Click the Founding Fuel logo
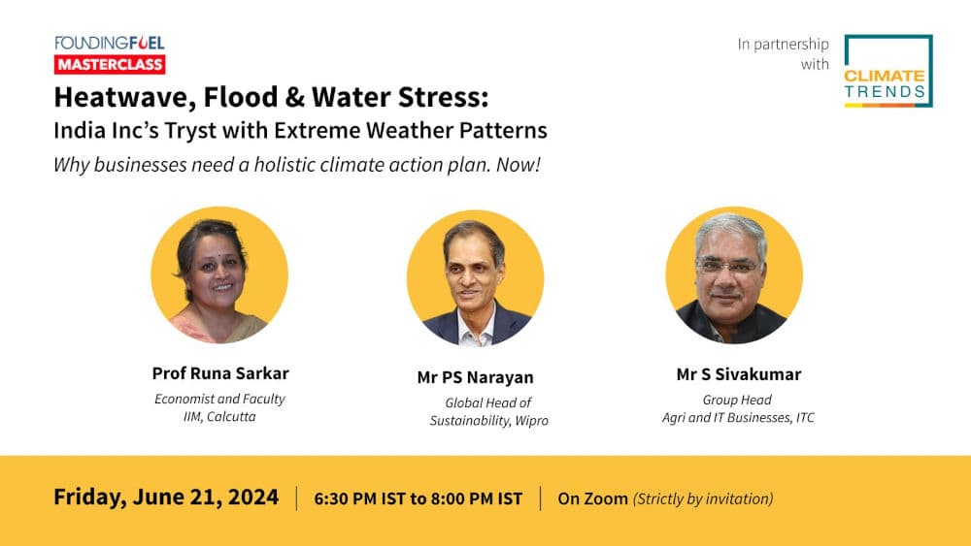(109, 43)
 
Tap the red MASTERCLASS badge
(109, 64)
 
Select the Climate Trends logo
(887, 71)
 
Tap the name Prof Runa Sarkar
(220, 373)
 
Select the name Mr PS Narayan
(475, 377)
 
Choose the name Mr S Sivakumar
(739, 374)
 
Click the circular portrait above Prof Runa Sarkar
(219, 274)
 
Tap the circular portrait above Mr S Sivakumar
(734, 275)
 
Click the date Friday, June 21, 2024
(166, 498)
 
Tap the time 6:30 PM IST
(356, 499)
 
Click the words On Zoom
(592, 499)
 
